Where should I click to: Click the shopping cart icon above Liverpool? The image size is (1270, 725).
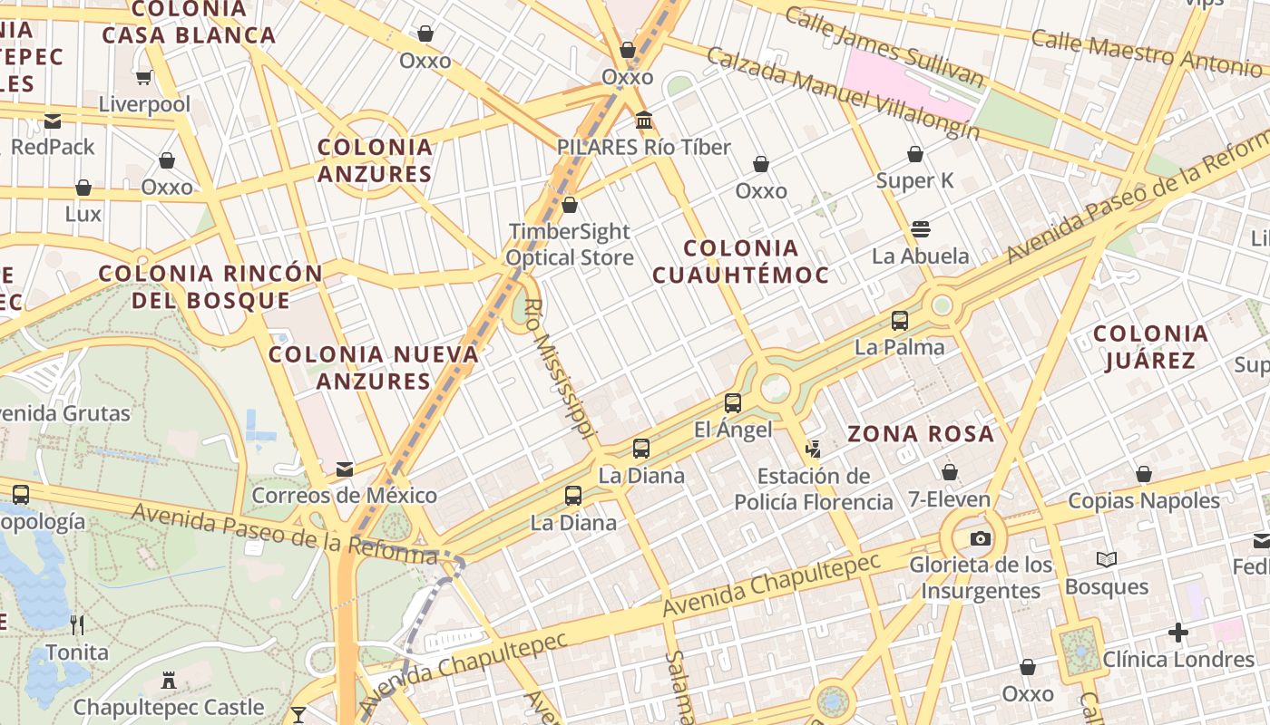pyautogui.click(x=143, y=78)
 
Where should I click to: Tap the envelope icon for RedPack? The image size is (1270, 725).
pyautogui.click(x=53, y=121)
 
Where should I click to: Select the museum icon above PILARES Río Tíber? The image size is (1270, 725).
pyautogui.click(x=644, y=120)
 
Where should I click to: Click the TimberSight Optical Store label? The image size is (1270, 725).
pyautogui.click(x=570, y=245)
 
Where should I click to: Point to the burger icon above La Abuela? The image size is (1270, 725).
pyautogui.click(x=921, y=228)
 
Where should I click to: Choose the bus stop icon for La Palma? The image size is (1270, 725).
pyautogui.click(x=900, y=321)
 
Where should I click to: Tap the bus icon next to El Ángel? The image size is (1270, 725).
pyautogui.click(x=733, y=403)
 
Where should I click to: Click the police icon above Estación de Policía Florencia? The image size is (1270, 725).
pyautogui.click(x=813, y=449)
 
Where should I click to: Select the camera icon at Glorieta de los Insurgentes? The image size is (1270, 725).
pyautogui.click(x=980, y=538)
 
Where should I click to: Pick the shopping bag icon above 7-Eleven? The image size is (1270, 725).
pyautogui.click(x=950, y=472)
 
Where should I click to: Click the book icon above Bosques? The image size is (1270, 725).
pyautogui.click(x=1107, y=559)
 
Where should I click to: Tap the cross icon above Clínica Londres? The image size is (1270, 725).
pyautogui.click(x=1178, y=632)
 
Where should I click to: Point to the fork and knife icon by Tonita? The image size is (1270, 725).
pyautogui.click(x=77, y=624)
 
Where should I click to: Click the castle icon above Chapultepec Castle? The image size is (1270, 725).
pyautogui.click(x=168, y=680)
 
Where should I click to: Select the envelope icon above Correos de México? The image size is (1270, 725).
pyautogui.click(x=345, y=469)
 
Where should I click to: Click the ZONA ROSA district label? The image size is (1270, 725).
pyautogui.click(x=921, y=434)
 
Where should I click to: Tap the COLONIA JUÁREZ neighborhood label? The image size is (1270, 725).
pyautogui.click(x=1150, y=347)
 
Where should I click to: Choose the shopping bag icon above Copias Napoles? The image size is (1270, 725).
pyautogui.click(x=1144, y=474)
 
